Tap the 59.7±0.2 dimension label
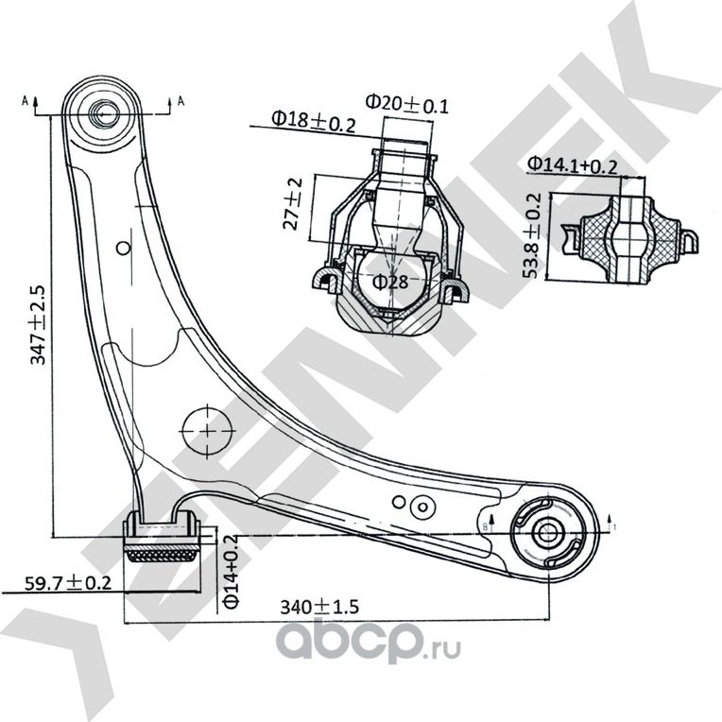point(57,583)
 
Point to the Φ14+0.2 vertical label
point(231,575)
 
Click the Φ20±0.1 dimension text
point(406,102)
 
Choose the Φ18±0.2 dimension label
point(314,120)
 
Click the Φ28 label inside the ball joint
point(389,281)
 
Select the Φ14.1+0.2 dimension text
point(573,164)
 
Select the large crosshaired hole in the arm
point(205,430)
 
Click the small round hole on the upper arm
point(122,249)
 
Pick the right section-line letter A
point(180,100)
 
